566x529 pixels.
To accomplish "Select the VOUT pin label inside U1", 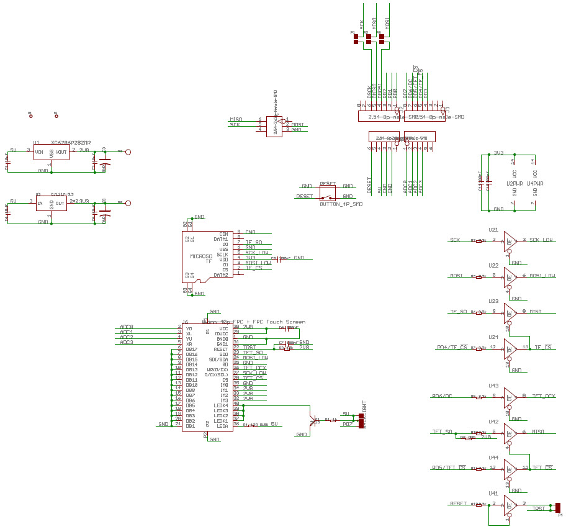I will (61, 151).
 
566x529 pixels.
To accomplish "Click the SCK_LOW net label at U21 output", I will (541, 240).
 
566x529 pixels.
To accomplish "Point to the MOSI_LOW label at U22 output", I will (542, 275).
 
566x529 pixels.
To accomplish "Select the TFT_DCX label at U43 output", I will (543, 396).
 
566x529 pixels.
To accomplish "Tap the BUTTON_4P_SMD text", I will (341, 204).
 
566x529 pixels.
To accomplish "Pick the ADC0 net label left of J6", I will (127, 327).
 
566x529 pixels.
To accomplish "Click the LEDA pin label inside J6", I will (222, 425).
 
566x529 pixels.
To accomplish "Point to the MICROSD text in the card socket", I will (201, 256).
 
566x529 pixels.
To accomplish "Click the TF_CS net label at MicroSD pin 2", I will (254, 268).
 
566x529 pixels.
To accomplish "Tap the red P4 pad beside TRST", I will (558, 507).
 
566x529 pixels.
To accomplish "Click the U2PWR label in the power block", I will (514, 184).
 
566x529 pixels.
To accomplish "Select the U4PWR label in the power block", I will (535, 184).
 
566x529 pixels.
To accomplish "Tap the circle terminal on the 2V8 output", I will (128, 151).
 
